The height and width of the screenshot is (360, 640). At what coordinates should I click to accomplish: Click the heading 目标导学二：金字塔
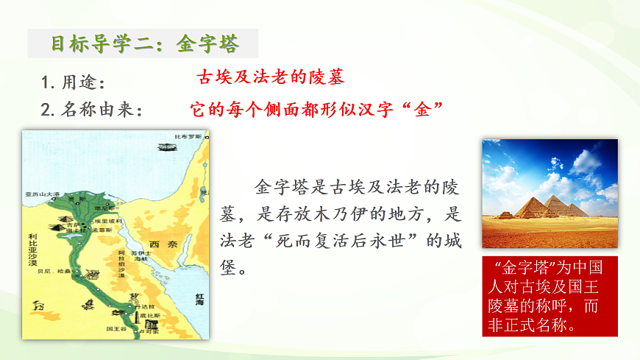(x=144, y=44)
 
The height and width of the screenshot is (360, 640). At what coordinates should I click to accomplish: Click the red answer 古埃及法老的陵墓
(x=271, y=77)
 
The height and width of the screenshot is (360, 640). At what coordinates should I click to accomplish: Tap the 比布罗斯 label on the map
(x=188, y=137)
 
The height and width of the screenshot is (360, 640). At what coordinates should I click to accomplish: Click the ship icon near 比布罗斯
(x=166, y=147)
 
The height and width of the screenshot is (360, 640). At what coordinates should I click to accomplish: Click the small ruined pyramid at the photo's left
(x=505, y=215)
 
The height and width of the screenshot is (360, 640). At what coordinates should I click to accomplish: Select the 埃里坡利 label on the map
(x=109, y=221)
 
